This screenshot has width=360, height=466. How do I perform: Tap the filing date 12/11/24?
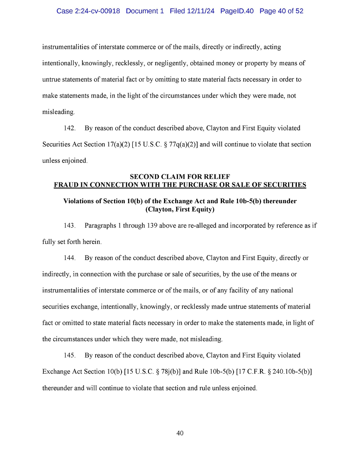pyautogui.click(x=200, y=11)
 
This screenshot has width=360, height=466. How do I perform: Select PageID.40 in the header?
pyautogui.click(x=237, y=11)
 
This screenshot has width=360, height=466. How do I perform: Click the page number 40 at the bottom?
pyautogui.click(x=180, y=433)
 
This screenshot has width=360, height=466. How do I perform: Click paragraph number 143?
pyautogui.click(x=70, y=226)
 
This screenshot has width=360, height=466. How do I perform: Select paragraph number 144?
pyautogui.click(x=70, y=258)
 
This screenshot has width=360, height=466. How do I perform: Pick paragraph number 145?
pyautogui.click(x=70, y=355)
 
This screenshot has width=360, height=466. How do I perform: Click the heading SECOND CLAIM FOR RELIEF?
pyautogui.click(x=180, y=177)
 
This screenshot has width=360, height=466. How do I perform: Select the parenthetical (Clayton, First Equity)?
pyautogui.click(x=180, y=209)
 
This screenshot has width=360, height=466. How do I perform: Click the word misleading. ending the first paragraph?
pyautogui.click(x=58, y=112)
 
